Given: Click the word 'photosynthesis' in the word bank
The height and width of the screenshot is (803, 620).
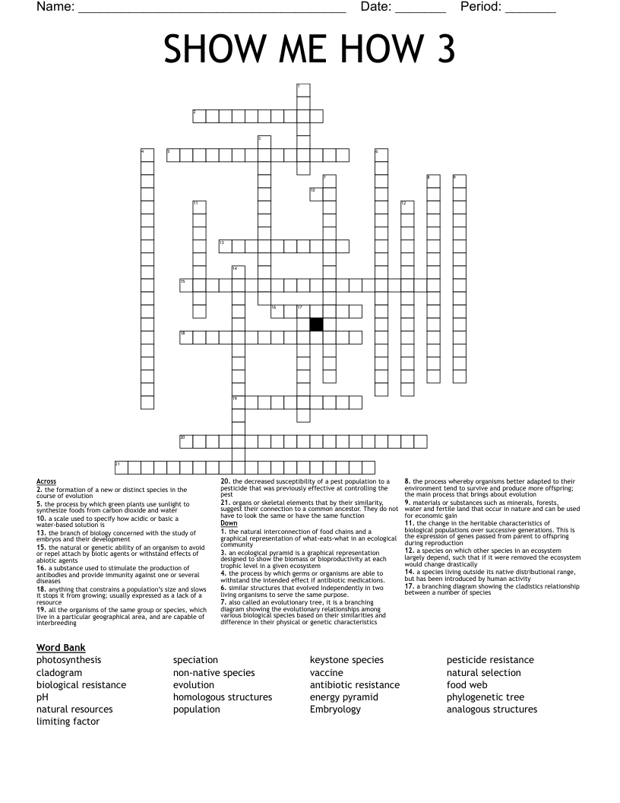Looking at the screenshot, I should click(68, 660).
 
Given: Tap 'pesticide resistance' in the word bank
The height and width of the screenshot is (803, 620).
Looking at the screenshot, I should click(490, 660).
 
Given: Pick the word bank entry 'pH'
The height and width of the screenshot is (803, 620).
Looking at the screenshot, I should click(43, 697).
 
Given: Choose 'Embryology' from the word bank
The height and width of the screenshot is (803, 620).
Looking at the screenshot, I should click(336, 709).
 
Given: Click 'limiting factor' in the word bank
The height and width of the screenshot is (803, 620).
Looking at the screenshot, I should click(68, 721).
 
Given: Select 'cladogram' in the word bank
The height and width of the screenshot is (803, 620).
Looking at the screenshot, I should click(59, 672).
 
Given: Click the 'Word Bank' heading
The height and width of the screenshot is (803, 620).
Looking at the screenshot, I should click(61, 647).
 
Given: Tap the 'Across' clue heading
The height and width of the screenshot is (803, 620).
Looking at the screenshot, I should click(46, 481).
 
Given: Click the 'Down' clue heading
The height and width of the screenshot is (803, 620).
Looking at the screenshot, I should click(229, 523).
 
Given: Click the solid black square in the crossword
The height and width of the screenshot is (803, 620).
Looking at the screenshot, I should click(316, 324).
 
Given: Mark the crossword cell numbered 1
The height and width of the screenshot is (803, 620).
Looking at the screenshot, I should click(303, 90).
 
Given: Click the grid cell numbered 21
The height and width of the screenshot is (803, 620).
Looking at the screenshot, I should click(121, 466).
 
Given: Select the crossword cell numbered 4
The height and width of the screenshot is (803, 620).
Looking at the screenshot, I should click(147, 154).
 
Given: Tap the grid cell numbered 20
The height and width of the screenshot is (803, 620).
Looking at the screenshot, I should click(186, 440).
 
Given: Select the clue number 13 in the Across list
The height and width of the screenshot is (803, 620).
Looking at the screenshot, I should click(41, 533).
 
